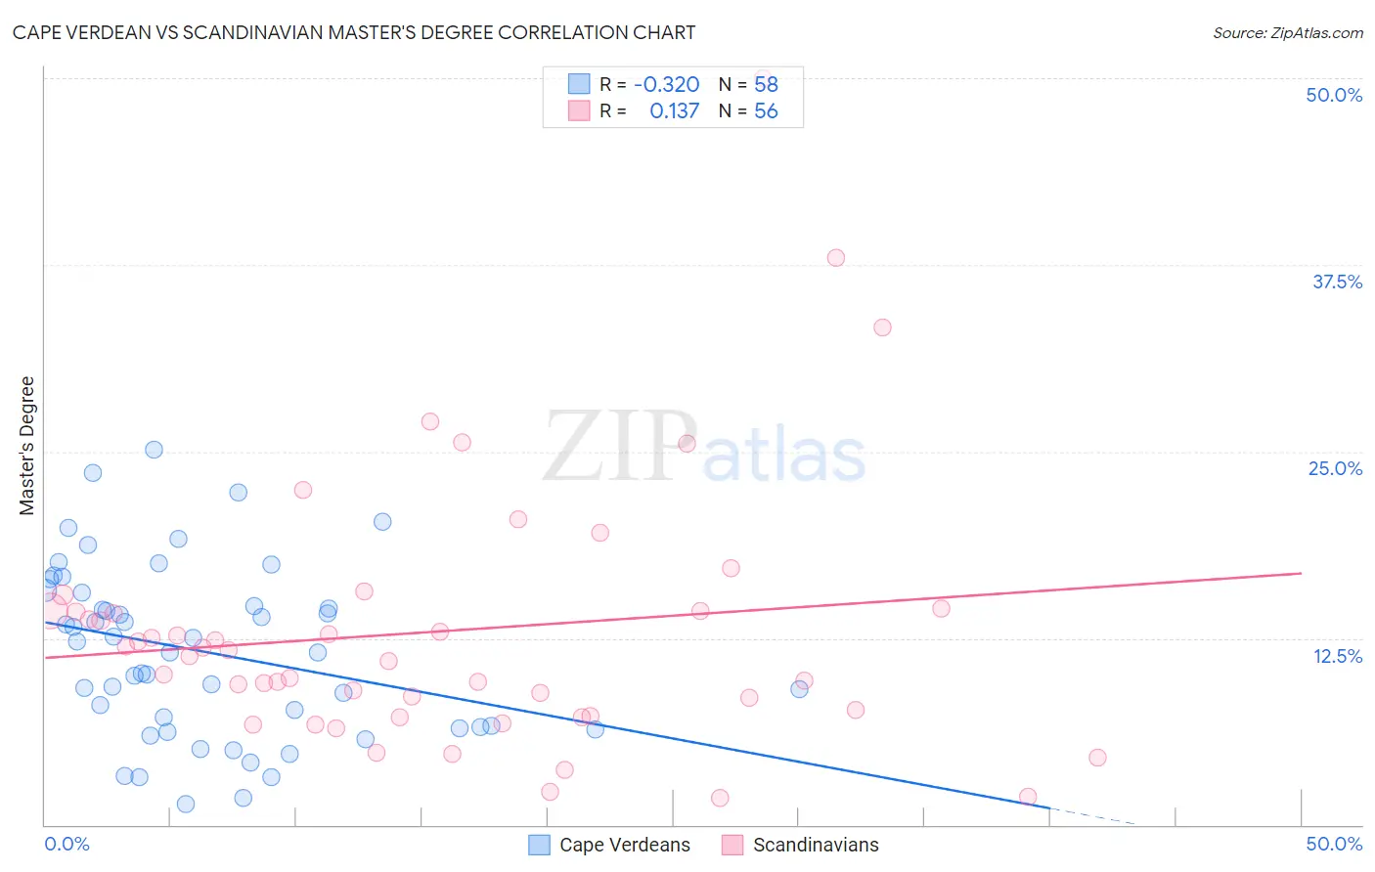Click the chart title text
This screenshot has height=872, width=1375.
pos(354,32)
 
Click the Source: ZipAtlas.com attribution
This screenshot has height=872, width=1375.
pos(1287,32)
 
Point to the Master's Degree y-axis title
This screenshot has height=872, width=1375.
pos(26,446)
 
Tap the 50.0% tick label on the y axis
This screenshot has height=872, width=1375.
pos(1334,95)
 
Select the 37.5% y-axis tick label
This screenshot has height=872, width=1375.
pos(1337,282)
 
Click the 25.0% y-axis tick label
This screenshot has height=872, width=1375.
pos(1335,468)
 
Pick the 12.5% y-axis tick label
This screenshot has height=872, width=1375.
pos(1337,656)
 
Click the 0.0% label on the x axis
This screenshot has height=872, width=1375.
pos(67,844)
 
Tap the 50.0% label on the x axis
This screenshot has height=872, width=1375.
pos(1334,844)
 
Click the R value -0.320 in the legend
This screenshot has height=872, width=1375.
pos(666,84)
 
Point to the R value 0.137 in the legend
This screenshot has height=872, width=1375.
pos(674,110)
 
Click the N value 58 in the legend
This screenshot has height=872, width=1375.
pos(766,84)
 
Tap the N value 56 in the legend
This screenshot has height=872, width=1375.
pos(766,110)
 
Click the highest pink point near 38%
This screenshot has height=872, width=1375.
pos(835,258)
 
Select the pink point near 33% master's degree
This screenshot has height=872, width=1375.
pos(882,327)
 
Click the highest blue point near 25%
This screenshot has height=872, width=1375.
pos(154,450)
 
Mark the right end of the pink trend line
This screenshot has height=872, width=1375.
pos(1301,573)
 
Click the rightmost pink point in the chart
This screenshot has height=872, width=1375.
pos(1097,758)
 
